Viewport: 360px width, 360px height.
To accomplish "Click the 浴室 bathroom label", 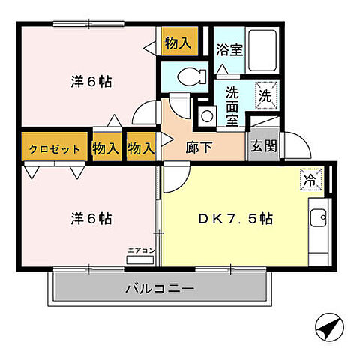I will pos(229,51).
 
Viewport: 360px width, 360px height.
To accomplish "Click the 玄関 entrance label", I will pos(264,145).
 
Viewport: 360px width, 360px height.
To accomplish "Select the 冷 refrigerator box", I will pos(310,179).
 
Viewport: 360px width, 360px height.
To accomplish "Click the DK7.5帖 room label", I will pos(234,220).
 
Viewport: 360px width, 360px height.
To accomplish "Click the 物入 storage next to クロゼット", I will pos(106,148).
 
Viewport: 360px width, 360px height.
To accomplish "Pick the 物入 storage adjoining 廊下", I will pos(140,148).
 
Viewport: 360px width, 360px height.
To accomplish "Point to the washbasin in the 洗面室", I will pos(205,115).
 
